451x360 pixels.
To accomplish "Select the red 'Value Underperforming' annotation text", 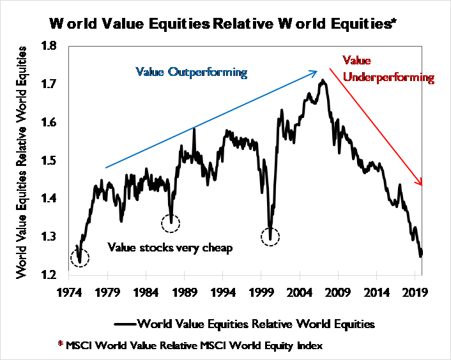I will click(388, 69).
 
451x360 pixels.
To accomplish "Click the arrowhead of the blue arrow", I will click(314, 72).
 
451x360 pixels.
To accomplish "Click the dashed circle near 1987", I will click(171, 223).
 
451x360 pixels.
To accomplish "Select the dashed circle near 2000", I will click(271, 237).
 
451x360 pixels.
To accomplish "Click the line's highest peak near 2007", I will click(324, 80).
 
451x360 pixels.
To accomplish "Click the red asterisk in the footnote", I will click(61, 345).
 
